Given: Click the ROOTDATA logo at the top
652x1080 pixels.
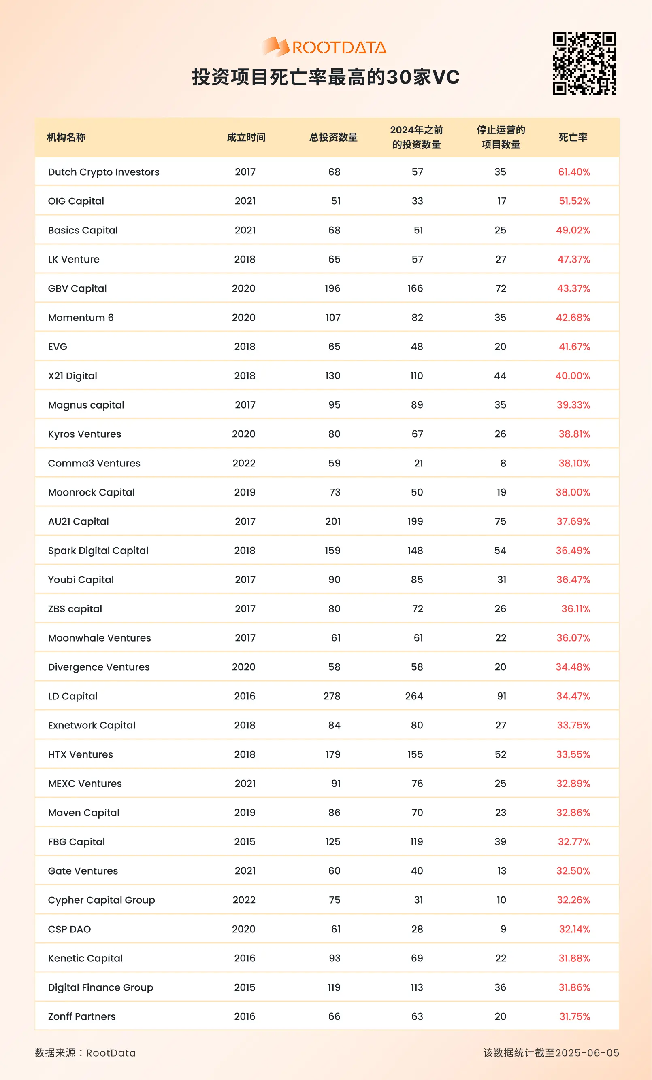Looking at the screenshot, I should [325, 47].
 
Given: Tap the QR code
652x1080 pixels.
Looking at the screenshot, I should [584, 64].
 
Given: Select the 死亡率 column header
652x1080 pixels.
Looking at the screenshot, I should [573, 137].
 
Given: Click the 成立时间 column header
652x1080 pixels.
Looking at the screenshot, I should [246, 137].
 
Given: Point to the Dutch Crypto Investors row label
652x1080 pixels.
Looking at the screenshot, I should [104, 172].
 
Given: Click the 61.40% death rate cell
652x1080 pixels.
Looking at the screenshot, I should [573, 172].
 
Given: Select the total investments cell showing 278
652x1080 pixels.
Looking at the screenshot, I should [332, 696].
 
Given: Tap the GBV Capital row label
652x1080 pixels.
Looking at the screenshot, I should [77, 288].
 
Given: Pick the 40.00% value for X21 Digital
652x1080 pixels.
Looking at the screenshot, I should [573, 376].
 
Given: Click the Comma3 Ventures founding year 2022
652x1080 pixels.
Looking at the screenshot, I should [244, 463].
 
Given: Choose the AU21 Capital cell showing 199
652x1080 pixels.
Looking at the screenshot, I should [415, 521].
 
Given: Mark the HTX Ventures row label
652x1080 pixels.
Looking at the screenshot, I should [80, 754].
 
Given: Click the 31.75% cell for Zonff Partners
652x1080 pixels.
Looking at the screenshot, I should [574, 1016].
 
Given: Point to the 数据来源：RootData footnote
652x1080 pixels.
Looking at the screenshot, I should [85, 1053].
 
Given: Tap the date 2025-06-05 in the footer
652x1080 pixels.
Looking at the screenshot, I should [587, 1053].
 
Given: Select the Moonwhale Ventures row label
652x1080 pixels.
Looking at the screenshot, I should [99, 638].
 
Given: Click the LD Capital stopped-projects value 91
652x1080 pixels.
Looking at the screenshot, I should [501, 696].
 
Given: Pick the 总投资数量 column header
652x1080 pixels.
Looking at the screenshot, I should [333, 137].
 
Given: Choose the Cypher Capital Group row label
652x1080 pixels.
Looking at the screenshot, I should [101, 900].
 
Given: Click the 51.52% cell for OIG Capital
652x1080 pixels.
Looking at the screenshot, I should [574, 201].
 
